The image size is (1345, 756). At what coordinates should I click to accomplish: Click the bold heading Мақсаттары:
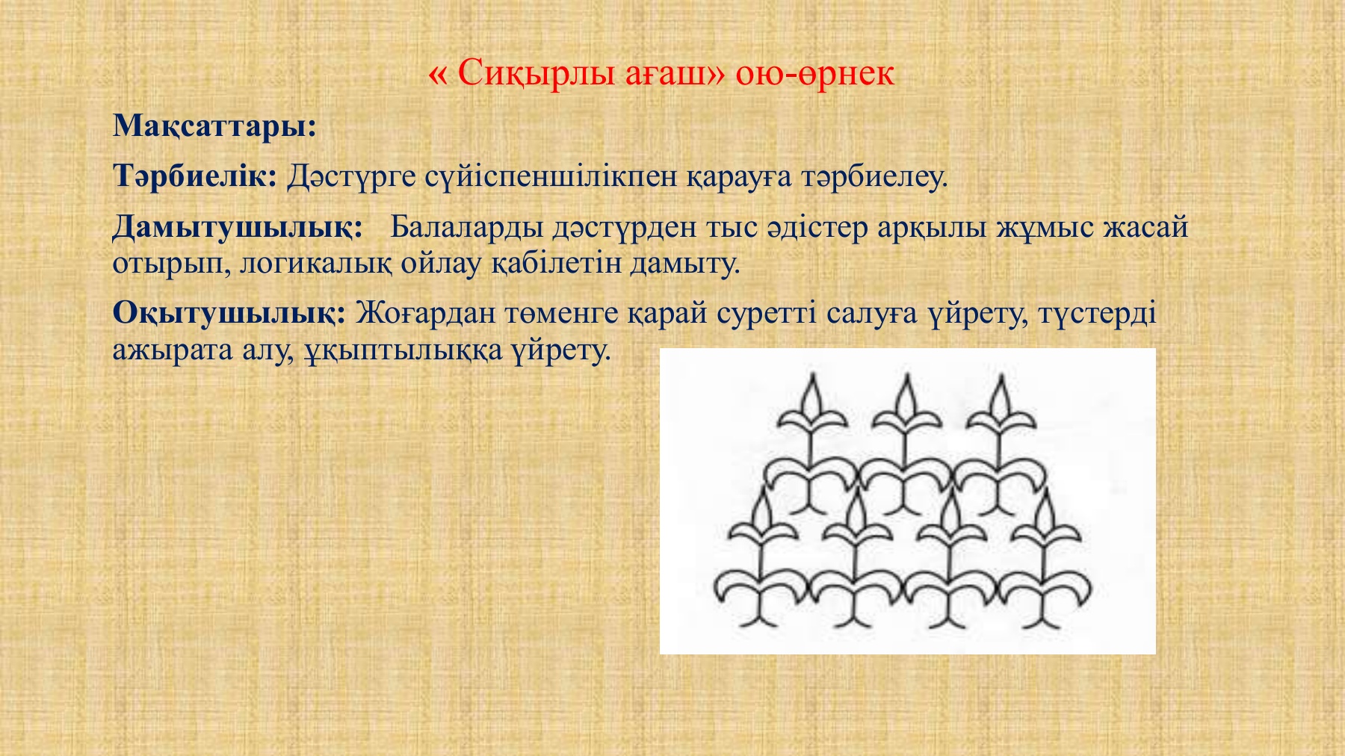(x=215, y=126)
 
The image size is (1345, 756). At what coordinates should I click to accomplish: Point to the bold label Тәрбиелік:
(x=195, y=176)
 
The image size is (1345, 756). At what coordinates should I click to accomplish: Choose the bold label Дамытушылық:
(x=238, y=227)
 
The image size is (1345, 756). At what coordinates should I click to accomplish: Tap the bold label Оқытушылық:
(x=229, y=313)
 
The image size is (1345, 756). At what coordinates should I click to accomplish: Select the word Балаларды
(x=466, y=227)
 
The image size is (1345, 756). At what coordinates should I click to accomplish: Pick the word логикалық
(x=315, y=263)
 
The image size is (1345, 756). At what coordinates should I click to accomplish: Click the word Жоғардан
(x=424, y=313)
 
